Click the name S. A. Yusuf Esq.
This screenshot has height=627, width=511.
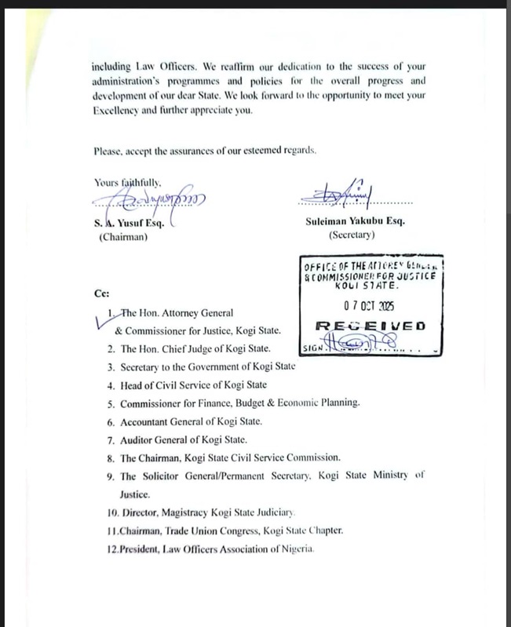click(130, 222)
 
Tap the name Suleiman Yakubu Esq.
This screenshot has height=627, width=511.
click(355, 221)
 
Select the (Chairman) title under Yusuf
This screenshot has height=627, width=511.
click(122, 237)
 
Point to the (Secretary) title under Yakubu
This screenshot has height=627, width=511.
click(352, 235)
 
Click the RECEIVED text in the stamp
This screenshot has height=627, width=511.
click(370, 326)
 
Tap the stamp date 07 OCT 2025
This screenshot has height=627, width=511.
click(369, 306)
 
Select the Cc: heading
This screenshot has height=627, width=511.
click(101, 294)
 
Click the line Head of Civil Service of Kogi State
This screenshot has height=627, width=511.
click(193, 385)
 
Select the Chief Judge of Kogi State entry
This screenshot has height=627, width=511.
click(195, 348)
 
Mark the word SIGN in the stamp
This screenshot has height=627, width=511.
click(312, 348)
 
